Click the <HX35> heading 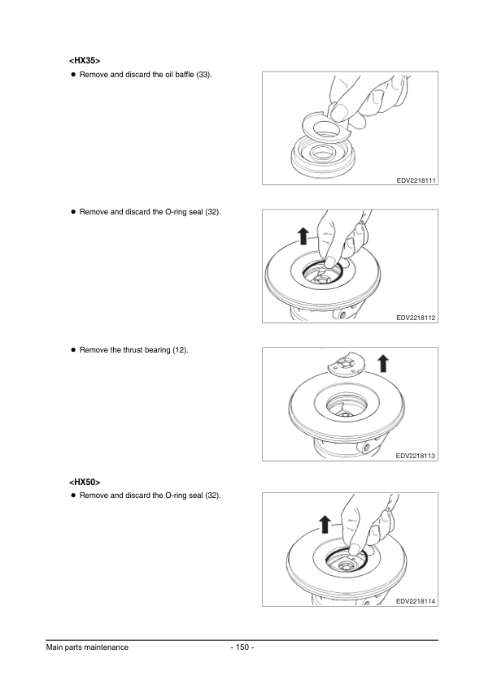85,60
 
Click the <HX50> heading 85,482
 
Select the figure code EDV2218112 416,318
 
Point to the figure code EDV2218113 416,456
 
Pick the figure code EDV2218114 416,601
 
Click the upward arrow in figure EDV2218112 303,236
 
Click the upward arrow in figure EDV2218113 383,362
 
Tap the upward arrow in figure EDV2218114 325,522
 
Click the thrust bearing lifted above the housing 346,367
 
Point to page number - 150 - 242,647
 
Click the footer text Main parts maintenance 87,647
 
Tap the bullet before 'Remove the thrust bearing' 72,350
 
